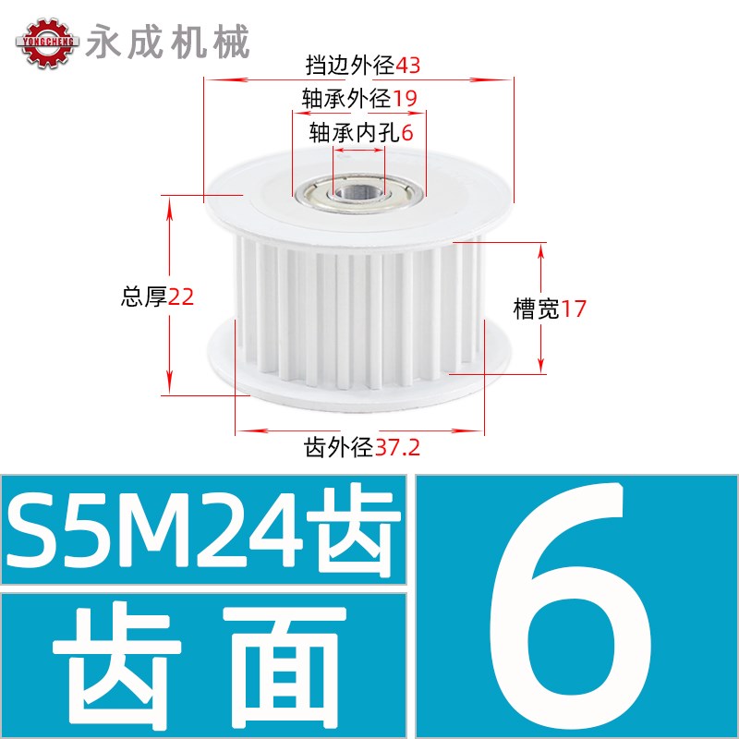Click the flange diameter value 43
[408, 66]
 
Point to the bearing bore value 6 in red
[407, 132]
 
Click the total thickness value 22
[181, 297]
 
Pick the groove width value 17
[574, 309]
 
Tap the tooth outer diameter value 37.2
[398, 449]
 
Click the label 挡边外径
[350, 66]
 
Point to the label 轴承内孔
[355, 132]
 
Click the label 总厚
[144, 297]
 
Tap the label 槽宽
[537, 309]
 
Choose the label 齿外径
[339, 449]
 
